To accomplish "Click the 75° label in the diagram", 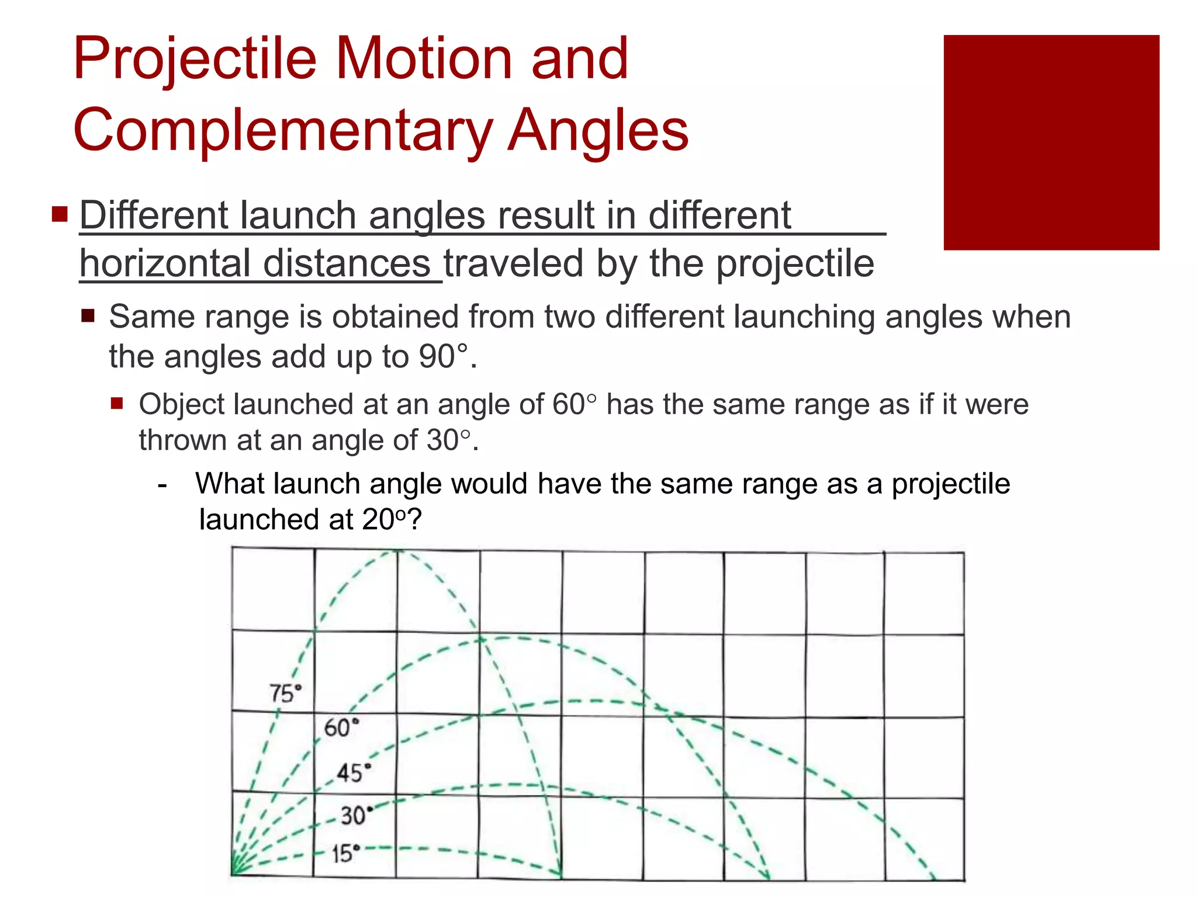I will coord(285,693).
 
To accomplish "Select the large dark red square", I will coord(1051,142).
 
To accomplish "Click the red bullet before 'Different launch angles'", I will coord(60,214).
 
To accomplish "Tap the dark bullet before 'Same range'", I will coord(88,317).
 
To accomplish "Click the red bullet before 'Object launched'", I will coord(117,404).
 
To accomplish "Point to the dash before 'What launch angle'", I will coord(162,485).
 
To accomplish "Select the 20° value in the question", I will coord(383,519).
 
